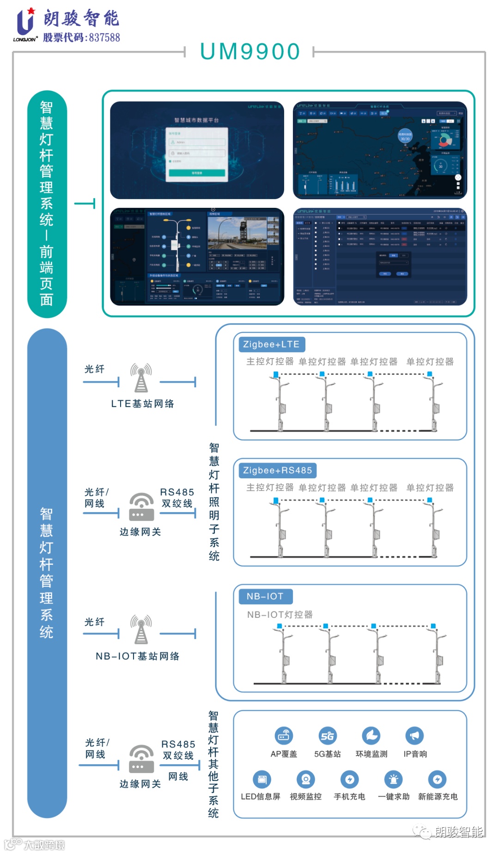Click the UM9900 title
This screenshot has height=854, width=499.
coord(250,51)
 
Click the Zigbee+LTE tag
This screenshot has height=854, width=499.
coord(271,344)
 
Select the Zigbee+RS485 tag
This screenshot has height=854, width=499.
coord(277,470)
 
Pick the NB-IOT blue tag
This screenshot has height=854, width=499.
coord(265,596)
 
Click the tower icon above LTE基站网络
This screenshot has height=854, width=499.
coord(141,378)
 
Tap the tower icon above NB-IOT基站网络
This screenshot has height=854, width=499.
coord(141,629)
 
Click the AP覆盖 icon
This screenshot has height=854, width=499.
coord(283,736)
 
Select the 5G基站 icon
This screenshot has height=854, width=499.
coord(327,736)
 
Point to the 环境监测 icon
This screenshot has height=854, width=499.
coord(371,736)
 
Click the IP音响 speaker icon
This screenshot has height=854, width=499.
coord(414,736)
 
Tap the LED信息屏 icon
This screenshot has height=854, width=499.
coord(262,780)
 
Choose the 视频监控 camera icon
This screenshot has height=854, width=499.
coord(305,780)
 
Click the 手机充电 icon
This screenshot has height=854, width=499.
coord(349,780)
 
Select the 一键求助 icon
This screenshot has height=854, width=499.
coord(393,780)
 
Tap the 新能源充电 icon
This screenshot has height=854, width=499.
coord(437,780)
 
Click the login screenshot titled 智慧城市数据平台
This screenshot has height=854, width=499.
coord(197,150)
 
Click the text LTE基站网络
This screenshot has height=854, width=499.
coord(142,404)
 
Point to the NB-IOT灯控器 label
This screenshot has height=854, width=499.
coord(280,615)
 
